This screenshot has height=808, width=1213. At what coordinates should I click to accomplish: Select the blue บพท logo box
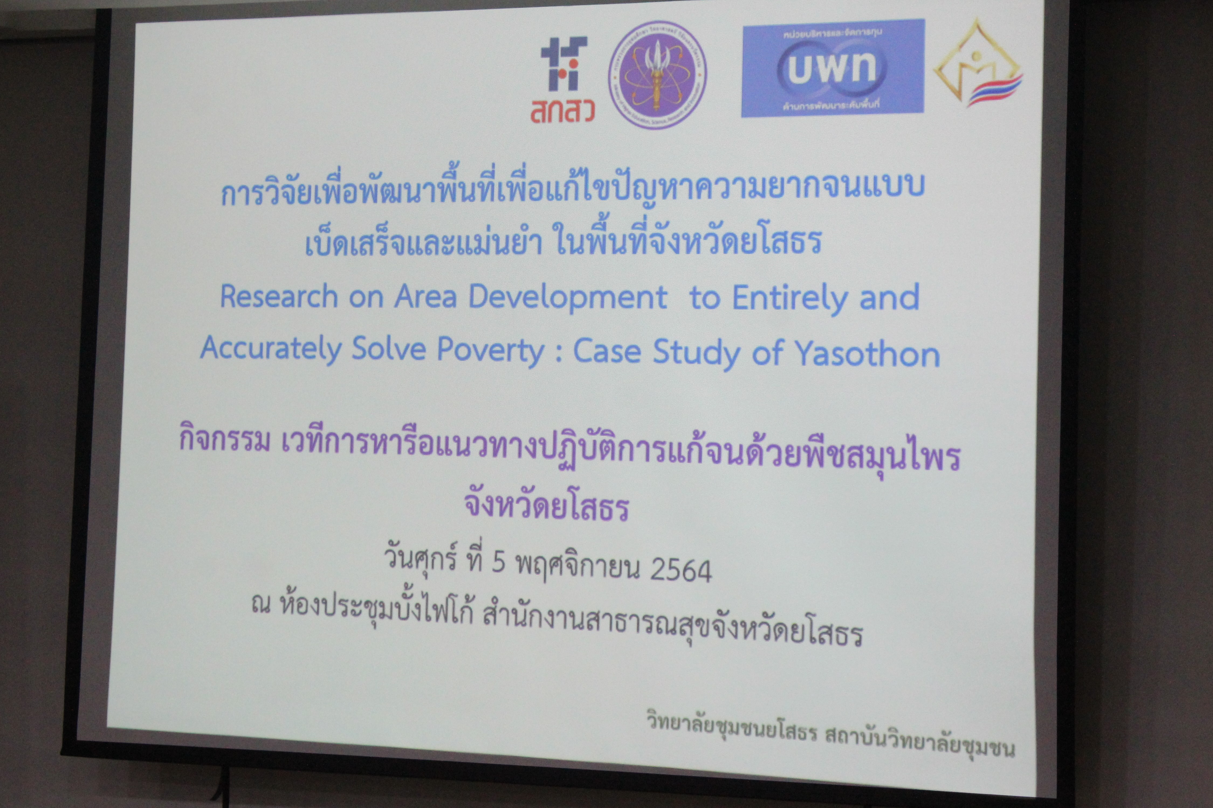[x=833, y=68]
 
